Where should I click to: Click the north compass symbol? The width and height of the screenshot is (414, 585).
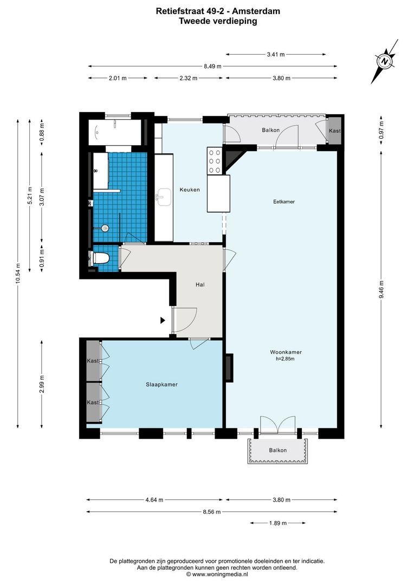point(385,62)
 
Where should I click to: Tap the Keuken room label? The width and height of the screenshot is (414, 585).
point(190,190)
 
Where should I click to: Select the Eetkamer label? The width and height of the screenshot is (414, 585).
point(283,201)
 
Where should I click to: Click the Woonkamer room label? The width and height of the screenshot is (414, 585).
point(286,352)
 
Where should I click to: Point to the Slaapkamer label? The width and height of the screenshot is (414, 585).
point(161,385)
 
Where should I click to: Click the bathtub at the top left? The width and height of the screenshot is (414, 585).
point(114,132)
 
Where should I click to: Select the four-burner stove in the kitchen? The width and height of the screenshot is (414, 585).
point(214,161)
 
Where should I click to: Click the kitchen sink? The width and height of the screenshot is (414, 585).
point(163,197)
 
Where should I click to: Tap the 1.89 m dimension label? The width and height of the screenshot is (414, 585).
point(277,523)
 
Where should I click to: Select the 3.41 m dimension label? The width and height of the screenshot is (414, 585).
point(275,54)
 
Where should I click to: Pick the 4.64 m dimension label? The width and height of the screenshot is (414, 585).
point(154,500)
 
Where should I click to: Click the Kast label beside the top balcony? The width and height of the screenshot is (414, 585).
point(335,131)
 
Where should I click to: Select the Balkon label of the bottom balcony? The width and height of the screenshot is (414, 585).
point(278,451)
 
